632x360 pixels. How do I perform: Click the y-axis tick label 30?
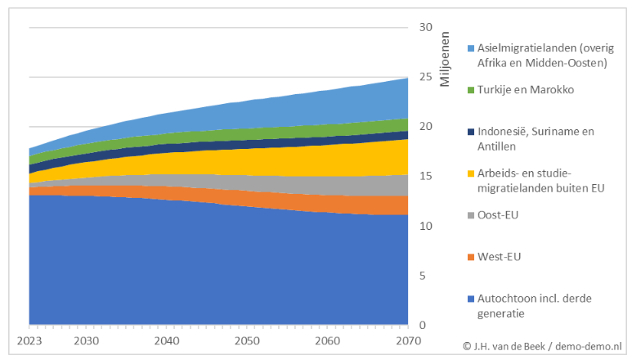coord(426,27)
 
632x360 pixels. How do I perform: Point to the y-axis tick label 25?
coord(426,77)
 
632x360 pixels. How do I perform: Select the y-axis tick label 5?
coord(423,276)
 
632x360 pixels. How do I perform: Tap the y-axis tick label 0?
coord(423,326)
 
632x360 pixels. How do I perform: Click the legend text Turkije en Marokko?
coord(528,89)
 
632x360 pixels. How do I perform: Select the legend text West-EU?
coord(499,257)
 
